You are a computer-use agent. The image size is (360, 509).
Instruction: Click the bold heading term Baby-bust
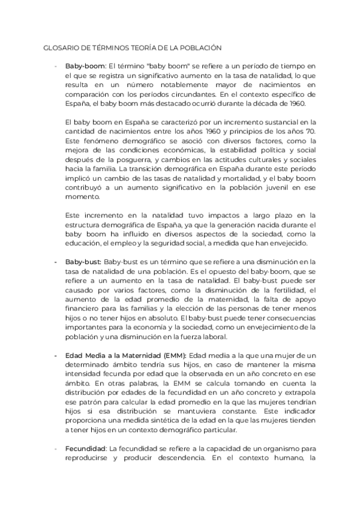pos(83,262)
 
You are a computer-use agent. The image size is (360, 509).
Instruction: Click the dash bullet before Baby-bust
pos(56,262)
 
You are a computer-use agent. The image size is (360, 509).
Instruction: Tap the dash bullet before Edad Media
pos(56,355)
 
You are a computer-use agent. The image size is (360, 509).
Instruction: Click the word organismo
pos(269,448)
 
